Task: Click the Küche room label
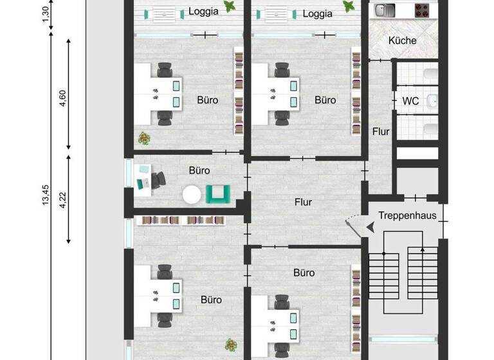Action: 403,40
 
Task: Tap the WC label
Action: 410,101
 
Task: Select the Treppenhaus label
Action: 407,215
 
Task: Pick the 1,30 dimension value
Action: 45,14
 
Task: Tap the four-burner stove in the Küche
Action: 421,10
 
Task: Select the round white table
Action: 192,194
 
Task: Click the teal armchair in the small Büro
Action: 218,194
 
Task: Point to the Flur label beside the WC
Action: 381,131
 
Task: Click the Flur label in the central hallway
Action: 304,202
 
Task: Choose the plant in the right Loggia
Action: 350,8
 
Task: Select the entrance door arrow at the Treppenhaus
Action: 369,226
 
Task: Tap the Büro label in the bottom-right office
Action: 304,273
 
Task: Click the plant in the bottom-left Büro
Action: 226,345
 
